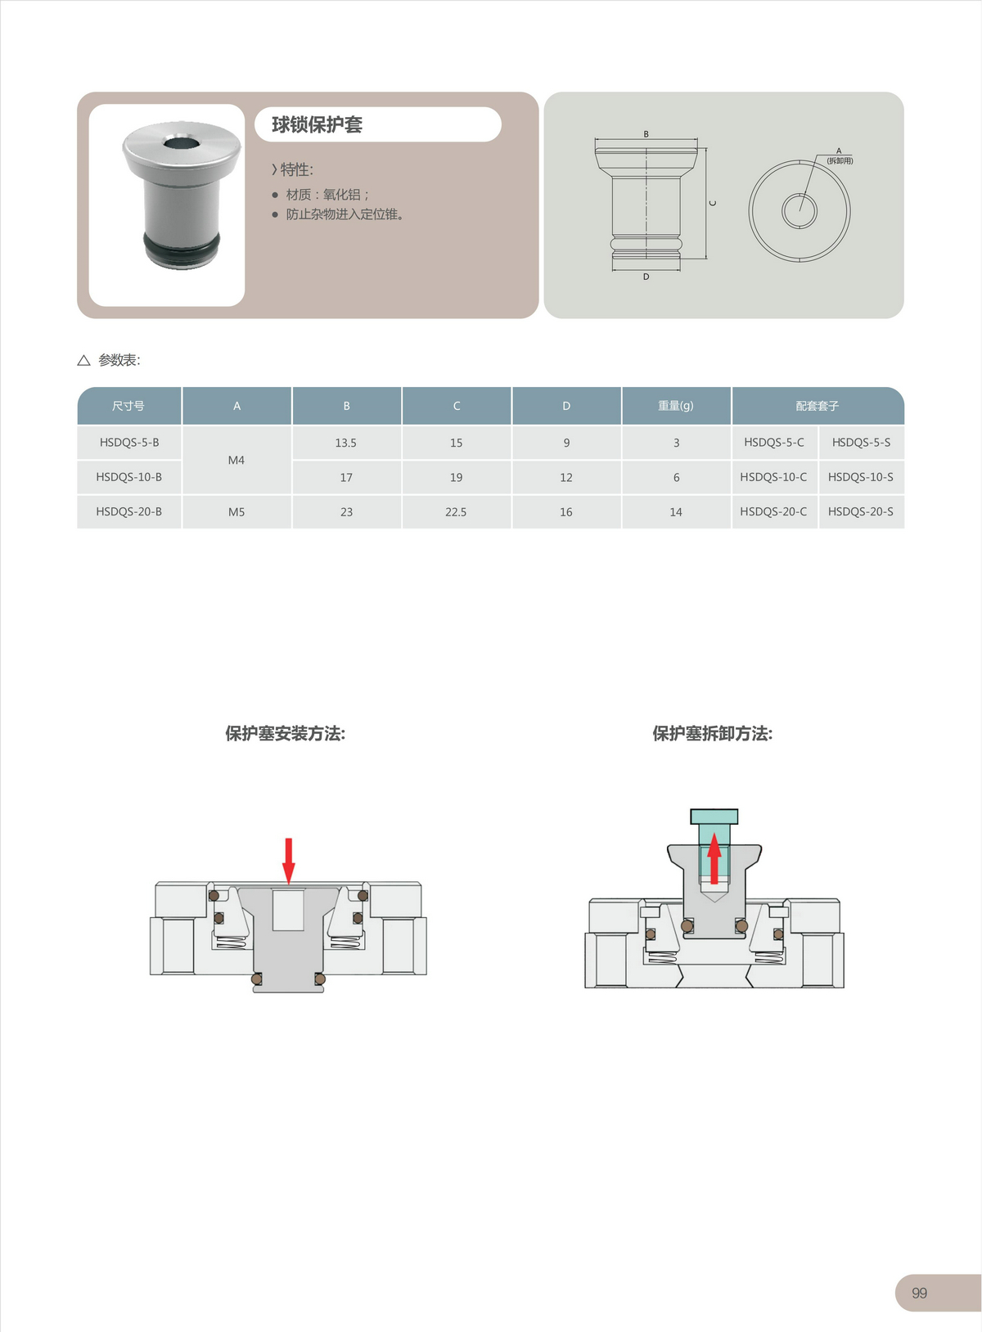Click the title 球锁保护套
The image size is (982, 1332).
pyautogui.click(x=317, y=125)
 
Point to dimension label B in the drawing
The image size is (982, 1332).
pyautogui.click(x=646, y=134)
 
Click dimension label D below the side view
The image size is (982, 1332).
pyautogui.click(x=646, y=277)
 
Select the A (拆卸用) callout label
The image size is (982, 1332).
pyautogui.click(x=840, y=156)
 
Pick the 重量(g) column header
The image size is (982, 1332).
pyautogui.click(x=676, y=406)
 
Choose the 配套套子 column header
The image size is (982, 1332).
pyautogui.click(x=818, y=406)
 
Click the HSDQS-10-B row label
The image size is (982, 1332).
pyautogui.click(x=129, y=478)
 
